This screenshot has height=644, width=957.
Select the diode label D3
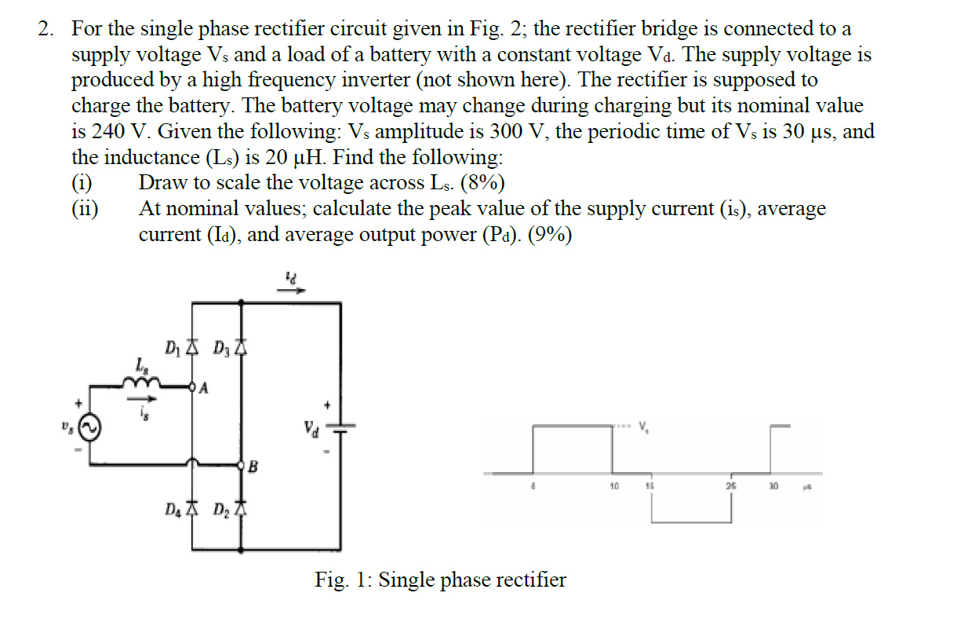(x=220, y=347)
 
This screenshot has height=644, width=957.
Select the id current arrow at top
(x=293, y=284)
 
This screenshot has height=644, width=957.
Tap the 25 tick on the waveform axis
(x=731, y=485)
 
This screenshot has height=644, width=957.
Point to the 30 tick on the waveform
(x=773, y=485)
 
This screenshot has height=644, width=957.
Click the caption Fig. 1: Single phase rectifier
(x=440, y=580)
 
